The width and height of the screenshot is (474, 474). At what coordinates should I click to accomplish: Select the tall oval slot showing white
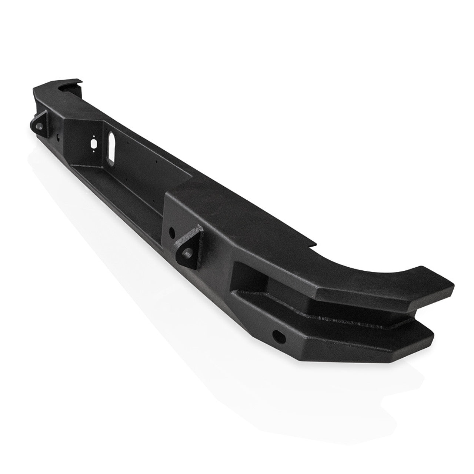click(111, 147)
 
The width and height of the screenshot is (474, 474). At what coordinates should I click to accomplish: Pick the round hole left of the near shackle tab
click(171, 233)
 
